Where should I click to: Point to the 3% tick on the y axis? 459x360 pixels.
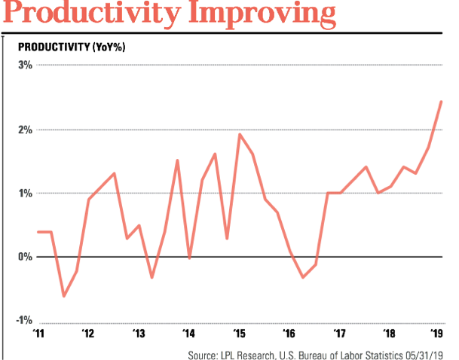click(x=25, y=65)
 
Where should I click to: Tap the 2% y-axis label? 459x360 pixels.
click(x=25, y=129)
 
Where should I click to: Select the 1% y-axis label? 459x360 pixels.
click(x=25, y=193)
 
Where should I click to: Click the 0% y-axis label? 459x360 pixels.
click(x=24, y=257)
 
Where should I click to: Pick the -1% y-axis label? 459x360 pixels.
click(x=23, y=321)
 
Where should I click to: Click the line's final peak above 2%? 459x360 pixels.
click(x=441, y=102)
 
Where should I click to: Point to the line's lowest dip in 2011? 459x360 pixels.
click(x=63, y=296)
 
